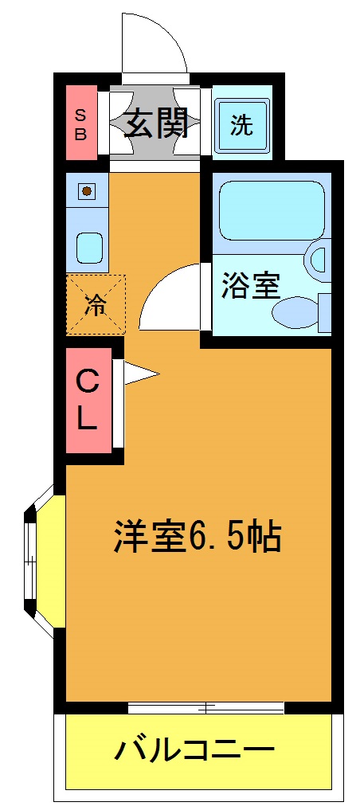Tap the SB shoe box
pyautogui.click(x=81, y=123)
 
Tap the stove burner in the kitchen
pyautogui.click(x=87, y=191)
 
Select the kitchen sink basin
pyautogui.click(x=88, y=247)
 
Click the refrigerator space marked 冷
pyautogui.click(x=96, y=304)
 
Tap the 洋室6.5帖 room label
pyautogui.click(x=196, y=538)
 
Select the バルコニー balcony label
pyautogui.click(x=195, y=749)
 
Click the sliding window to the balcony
pyautogui.click(x=205, y=707)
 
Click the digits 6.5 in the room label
pyautogui.click(x=214, y=538)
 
